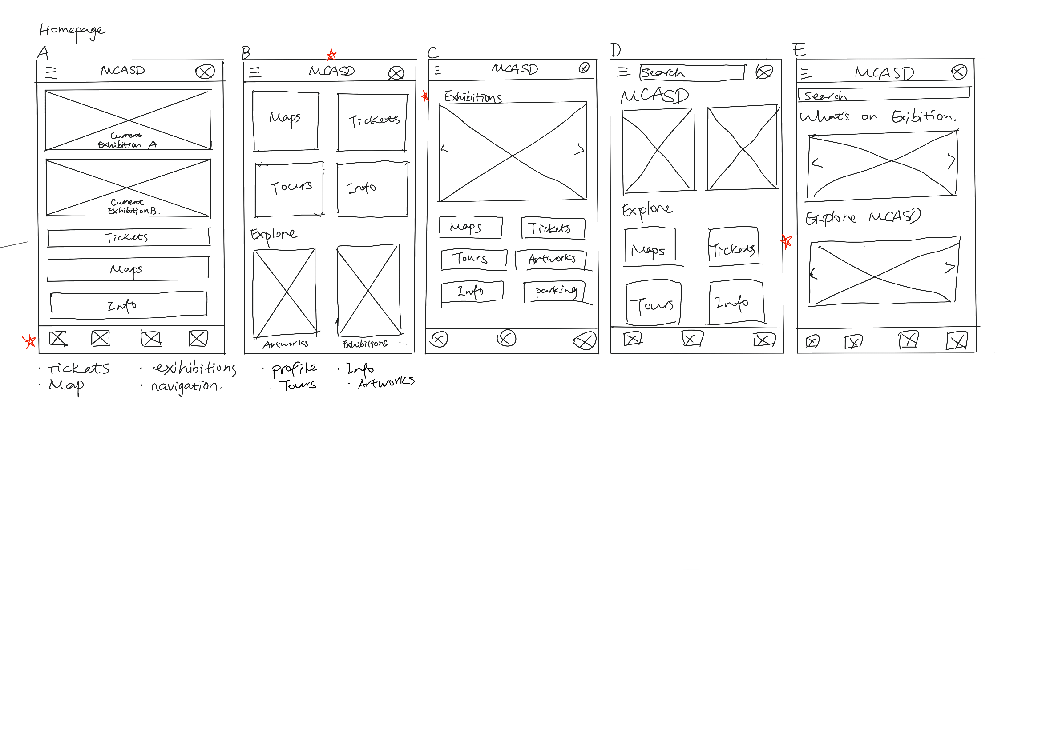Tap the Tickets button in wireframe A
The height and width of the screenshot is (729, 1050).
coord(128,237)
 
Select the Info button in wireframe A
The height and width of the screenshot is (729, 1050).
coord(128,304)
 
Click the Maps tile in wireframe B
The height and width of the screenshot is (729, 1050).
coord(286,121)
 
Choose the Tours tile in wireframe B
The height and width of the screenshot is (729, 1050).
coord(289,188)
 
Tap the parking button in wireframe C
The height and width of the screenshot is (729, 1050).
coord(555,292)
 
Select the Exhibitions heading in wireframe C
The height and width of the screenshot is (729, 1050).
coord(472,97)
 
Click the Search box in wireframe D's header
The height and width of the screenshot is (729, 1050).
coord(691,72)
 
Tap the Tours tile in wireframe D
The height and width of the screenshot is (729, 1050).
coord(653,303)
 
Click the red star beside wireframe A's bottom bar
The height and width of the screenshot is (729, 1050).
coord(30,341)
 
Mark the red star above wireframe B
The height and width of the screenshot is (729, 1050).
coord(331,55)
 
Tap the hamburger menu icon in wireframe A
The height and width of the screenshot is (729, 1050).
coord(51,72)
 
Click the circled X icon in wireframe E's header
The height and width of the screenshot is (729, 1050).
coord(959,72)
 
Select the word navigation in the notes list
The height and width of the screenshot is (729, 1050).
coord(185,386)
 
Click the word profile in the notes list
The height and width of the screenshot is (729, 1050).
coord(294,368)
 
